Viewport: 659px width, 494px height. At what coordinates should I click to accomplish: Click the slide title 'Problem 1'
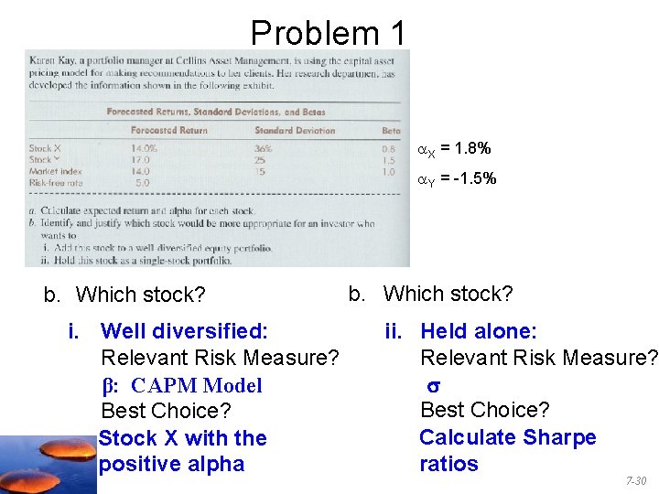328,33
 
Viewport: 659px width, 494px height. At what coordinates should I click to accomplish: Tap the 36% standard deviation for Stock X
264,147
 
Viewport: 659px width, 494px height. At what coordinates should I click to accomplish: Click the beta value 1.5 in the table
389,159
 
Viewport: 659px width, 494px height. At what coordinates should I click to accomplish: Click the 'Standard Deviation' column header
295,131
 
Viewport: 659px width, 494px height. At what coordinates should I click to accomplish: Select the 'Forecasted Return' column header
168,131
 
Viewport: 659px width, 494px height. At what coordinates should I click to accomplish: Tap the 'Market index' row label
56,171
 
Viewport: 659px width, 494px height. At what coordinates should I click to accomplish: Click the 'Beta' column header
391,131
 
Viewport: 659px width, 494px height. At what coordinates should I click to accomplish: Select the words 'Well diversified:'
184,330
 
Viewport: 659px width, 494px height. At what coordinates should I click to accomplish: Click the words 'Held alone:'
478,330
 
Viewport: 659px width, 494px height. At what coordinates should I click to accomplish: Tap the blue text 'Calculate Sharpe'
507,437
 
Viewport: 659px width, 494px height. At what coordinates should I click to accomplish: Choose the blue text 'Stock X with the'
182,438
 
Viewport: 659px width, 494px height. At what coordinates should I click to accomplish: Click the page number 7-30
635,481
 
